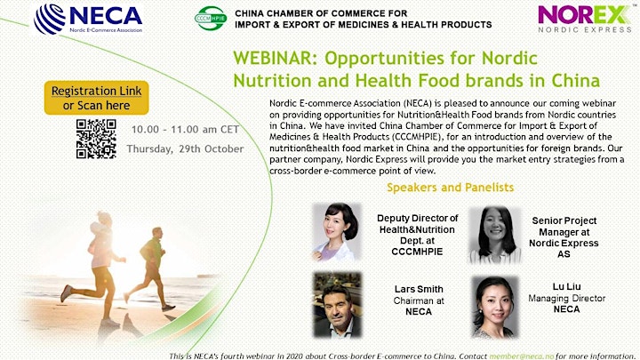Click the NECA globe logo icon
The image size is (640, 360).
click(50, 20)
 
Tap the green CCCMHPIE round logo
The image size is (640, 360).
click(211, 19)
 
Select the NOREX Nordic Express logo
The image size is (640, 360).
click(585, 20)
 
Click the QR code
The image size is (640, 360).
click(96, 139)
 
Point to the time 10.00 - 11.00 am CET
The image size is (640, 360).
click(185, 130)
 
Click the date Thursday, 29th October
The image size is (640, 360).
click(185, 149)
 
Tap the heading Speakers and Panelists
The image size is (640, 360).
click(450, 188)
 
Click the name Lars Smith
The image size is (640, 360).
click(419, 289)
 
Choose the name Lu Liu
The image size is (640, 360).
click(566, 286)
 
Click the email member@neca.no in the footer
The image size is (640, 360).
click(522, 356)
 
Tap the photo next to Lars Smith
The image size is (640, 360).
click(338, 305)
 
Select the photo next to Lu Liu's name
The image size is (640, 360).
click(495, 307)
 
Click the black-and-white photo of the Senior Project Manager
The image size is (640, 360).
click(495, 235)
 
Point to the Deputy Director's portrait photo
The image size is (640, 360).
click(337, 232)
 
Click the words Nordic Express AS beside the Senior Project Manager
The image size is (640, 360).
click(564, 249)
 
